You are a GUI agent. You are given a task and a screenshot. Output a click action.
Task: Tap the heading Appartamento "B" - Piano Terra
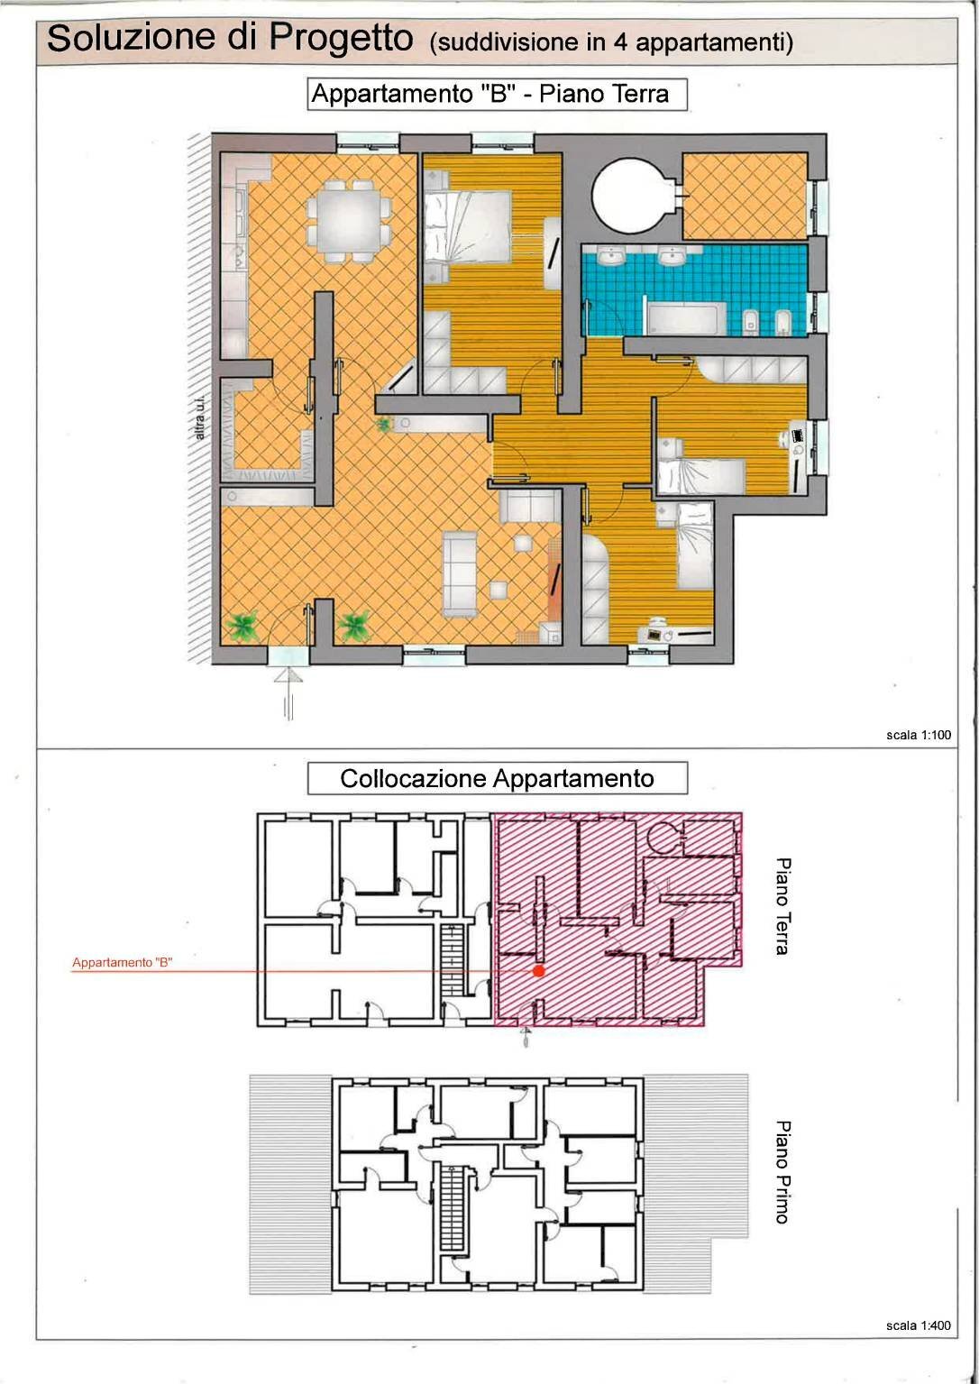[497, 95]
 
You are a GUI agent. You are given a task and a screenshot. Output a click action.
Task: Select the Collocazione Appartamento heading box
[497, 778]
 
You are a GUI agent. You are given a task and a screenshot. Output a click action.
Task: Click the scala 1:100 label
[919, 735]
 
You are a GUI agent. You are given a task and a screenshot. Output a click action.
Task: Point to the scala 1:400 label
[919, 1325]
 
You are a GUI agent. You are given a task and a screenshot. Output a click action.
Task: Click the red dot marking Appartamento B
[538, 971]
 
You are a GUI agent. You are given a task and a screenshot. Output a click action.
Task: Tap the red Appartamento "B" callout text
[122, 963]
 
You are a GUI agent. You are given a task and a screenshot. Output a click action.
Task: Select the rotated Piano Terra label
[782, 906]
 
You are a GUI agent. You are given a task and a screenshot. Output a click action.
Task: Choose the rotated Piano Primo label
[782, 1171]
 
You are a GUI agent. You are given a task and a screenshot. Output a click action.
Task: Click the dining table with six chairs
[349, 220]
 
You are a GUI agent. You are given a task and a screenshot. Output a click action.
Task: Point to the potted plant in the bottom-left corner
[242, 626]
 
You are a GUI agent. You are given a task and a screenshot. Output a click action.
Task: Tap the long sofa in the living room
[459, 574]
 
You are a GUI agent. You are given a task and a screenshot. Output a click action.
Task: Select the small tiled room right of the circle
[744, 196]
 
